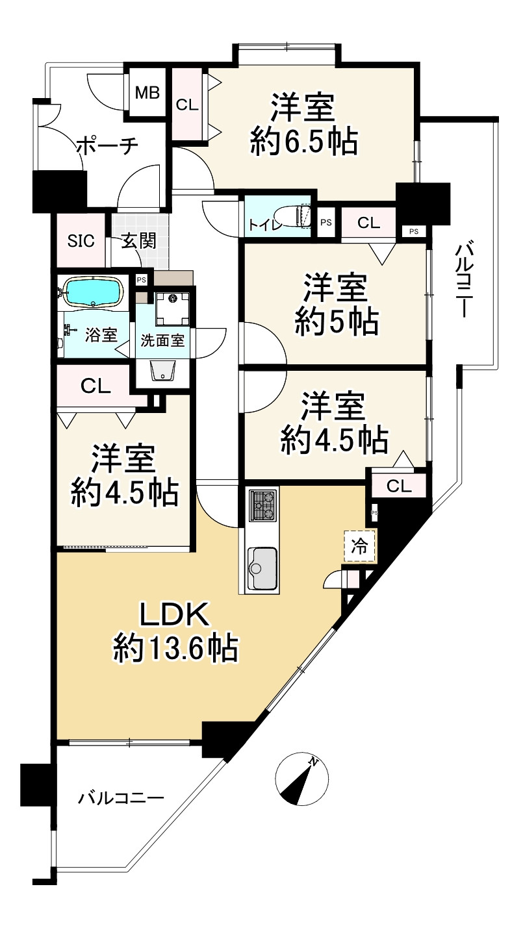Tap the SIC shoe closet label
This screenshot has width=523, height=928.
point(81,240)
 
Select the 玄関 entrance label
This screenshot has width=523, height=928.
point(139,240)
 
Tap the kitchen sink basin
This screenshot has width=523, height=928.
point(262,567)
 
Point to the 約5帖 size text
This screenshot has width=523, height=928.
point(336,321)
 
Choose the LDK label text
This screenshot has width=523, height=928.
point(174,614)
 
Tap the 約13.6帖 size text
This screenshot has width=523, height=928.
point(175,647)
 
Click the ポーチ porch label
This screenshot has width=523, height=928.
point(107,146)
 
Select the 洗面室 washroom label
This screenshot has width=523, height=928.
point(162,340)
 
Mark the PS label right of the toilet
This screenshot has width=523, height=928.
point(325,223)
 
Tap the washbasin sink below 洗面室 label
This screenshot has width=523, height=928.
point(164,370)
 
